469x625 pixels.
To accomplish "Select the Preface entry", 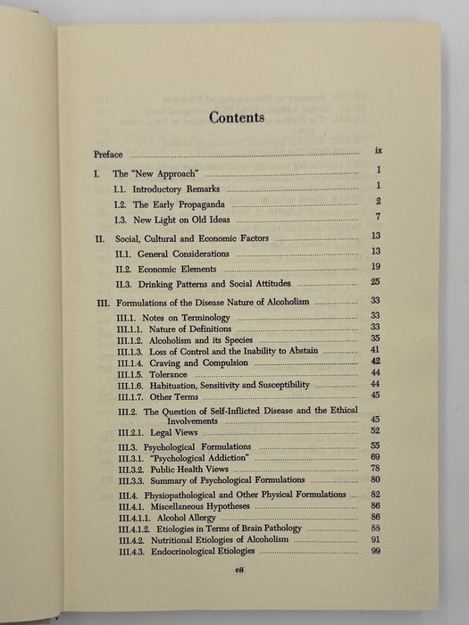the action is (x=109, y=154).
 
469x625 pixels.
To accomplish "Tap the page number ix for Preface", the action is (x=379, y=153).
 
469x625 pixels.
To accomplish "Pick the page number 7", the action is (x=380, y=217).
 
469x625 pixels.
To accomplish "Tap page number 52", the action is (x=376, y=431).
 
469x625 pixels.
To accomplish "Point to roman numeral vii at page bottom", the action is (x=235, y=576).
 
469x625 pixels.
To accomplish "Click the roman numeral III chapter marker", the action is (x=100, y=303).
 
